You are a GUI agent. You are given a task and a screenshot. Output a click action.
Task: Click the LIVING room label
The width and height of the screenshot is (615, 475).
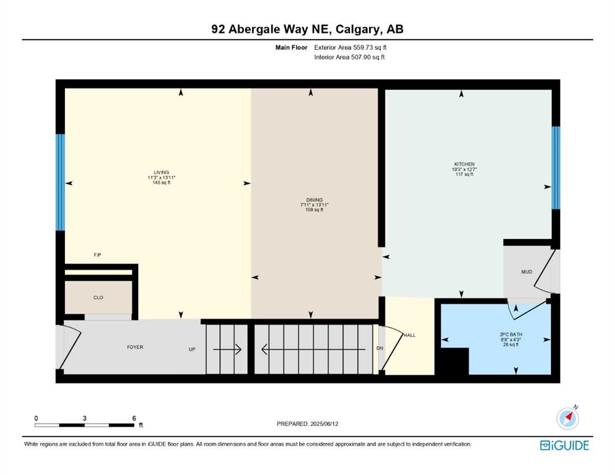click(161, 173)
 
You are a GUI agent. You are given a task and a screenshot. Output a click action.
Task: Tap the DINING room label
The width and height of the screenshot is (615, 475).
click(314, 200)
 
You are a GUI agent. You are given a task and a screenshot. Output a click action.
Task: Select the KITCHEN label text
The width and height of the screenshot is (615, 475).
click(465, 164)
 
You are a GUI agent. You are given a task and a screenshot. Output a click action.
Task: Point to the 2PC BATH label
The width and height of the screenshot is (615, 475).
click(511, 335)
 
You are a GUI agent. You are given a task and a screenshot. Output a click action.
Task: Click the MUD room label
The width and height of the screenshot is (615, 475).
click(527, 272)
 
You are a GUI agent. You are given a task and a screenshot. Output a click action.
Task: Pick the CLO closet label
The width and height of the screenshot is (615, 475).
click(98, 297)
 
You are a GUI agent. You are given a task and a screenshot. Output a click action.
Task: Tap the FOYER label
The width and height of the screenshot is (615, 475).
click(135, 347)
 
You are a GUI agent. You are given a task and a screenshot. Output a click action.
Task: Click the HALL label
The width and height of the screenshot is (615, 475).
click(409, 335)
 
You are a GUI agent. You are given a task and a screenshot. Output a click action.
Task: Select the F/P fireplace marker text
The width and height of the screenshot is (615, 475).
click(97, 255)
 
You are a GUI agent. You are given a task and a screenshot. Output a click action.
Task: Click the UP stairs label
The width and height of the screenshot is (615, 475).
click(192, 349)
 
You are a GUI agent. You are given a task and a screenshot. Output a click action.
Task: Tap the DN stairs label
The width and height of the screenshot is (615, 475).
click(380, 348)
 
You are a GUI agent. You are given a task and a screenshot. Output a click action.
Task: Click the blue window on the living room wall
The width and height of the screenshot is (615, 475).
click(60, 182)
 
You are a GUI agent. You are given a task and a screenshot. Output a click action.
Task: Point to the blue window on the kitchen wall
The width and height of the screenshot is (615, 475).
click(556, 168)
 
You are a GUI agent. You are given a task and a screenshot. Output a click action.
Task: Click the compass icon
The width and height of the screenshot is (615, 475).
click(567, 418)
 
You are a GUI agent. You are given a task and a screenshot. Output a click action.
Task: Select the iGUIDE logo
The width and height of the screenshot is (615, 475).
click(564, 445)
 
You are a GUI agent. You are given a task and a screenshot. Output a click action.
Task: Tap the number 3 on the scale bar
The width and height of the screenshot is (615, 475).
click(84, 418)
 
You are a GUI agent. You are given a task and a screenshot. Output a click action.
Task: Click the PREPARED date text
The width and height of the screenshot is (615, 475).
click(307, 424)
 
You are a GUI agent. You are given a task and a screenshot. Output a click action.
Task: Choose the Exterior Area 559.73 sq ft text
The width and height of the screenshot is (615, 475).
click(351, 48)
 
